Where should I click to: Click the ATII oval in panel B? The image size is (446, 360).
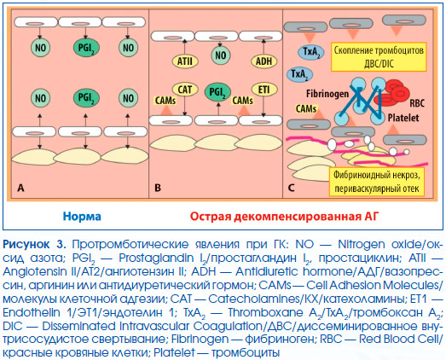(x=185, y=61)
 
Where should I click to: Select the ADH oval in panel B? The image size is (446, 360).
(x=264, y=61)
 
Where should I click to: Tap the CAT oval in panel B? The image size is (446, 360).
(x=185, y=90)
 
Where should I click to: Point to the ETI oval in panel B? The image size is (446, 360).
(x=264, y=90)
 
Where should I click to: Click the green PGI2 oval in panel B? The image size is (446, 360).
(x=217, y=92)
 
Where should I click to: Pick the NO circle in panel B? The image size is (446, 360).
(x=221, y=55)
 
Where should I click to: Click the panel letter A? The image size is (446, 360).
(x=20, y=189)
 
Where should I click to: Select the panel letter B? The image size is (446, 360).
(x=157, y=189)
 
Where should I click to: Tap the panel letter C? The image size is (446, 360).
(x=292, y=189)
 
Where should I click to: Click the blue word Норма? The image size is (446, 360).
(x=82, y=217)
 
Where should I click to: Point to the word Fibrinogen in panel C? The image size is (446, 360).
(x=327, y=94)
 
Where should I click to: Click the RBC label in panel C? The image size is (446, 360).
(x=417, y=103)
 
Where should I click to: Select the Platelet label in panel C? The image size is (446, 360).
(x=403, y=118)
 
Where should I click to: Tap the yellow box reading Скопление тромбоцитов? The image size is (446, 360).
(x=379, y=57)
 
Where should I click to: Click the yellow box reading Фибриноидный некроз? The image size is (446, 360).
(x=377, y=182)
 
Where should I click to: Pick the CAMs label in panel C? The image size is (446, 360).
(x=306, y=108)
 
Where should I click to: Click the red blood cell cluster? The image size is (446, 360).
(x=392, y=91)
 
